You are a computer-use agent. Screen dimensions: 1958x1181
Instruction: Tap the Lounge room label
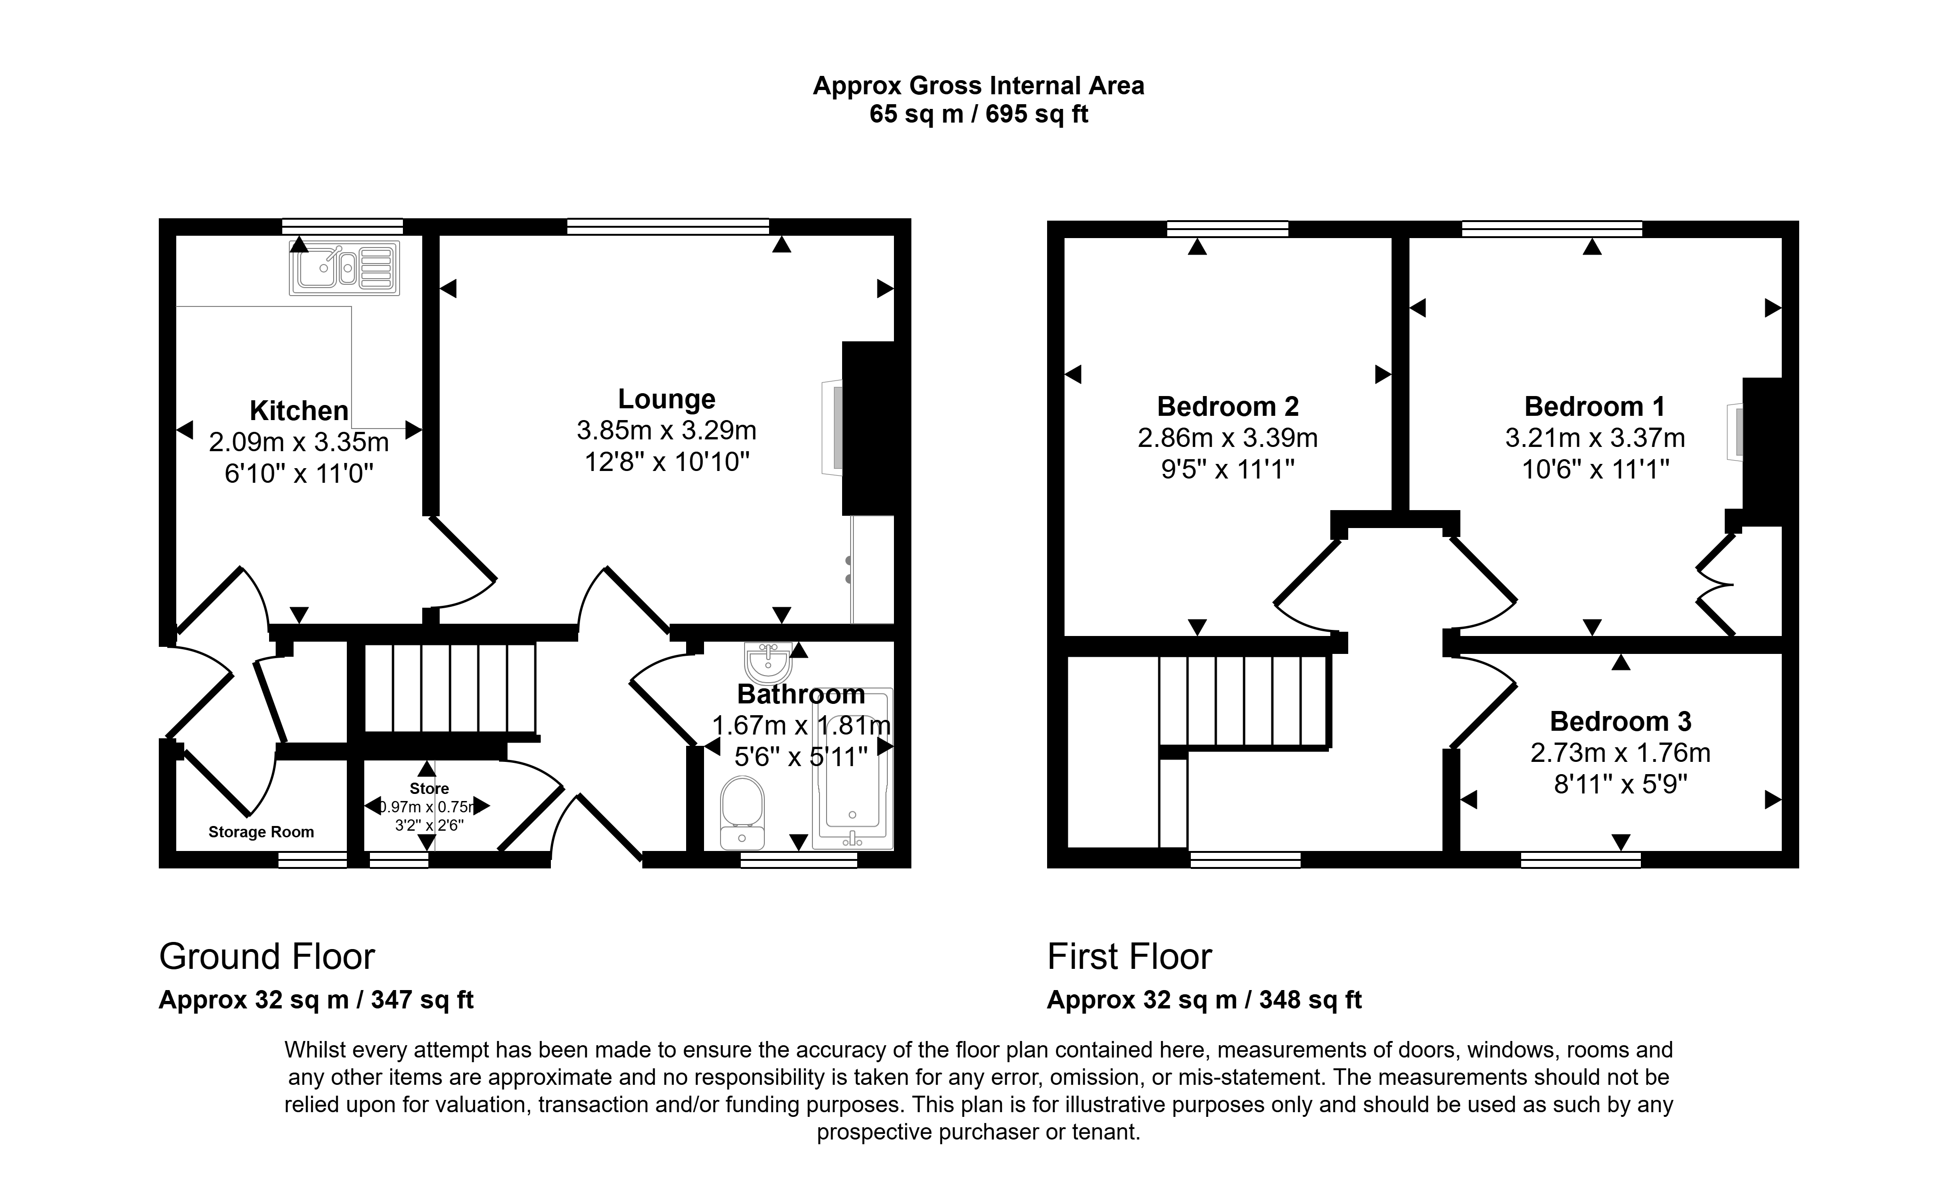(667, 399)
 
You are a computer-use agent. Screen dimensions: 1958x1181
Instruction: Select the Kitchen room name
(299, 411)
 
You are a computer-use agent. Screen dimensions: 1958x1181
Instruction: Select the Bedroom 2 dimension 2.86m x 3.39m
(1228, 438)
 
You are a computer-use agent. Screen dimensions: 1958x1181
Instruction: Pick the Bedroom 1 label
(1594, 407)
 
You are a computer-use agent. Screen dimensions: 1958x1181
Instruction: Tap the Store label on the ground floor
(429, 788)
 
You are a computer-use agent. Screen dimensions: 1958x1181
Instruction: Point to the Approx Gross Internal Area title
(978, 86)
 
